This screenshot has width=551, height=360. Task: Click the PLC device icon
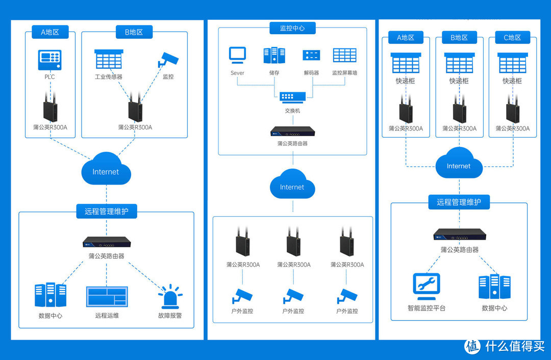point(49,60)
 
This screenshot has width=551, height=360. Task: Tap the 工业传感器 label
point(109,77)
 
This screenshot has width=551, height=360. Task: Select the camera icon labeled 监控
point(168,59)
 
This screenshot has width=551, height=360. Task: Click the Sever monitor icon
point(237,55)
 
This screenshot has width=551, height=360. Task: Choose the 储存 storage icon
point(274,55)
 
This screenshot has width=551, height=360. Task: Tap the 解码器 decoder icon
point(310,55)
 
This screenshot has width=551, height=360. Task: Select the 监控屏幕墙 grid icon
point(344,55)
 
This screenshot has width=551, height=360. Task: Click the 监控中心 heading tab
point(292,29)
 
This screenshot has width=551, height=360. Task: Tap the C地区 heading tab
point(512,38)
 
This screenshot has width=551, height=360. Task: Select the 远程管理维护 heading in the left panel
point(107,211)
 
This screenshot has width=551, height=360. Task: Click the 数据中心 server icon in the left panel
point(51,295)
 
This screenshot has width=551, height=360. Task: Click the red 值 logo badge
point(472,346)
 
